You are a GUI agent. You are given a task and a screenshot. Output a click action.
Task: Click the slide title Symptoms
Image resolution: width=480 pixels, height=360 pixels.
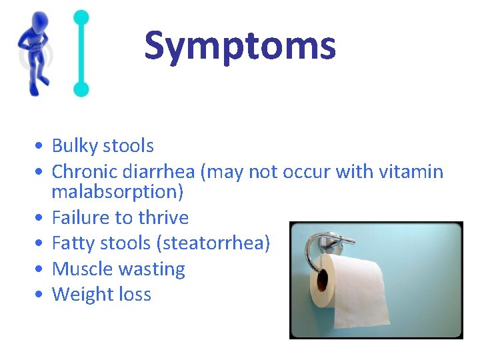[240, 46]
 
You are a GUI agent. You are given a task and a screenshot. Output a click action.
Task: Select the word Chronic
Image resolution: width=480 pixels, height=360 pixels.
[85, 172]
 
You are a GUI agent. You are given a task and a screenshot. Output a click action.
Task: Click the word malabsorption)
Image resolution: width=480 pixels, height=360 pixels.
[117, 191]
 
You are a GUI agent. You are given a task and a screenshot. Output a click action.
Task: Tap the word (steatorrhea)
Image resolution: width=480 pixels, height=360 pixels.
[213, 243]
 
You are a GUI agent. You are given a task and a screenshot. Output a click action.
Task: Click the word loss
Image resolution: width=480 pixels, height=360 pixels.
[135, 295]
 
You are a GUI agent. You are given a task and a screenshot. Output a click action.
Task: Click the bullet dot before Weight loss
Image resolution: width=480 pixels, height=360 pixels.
[41, 295]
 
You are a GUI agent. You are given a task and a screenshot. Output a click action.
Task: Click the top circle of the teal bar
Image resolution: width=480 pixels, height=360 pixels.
[81, 17]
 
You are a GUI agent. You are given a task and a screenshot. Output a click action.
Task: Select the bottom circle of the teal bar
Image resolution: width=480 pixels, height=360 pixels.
[81, 89]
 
